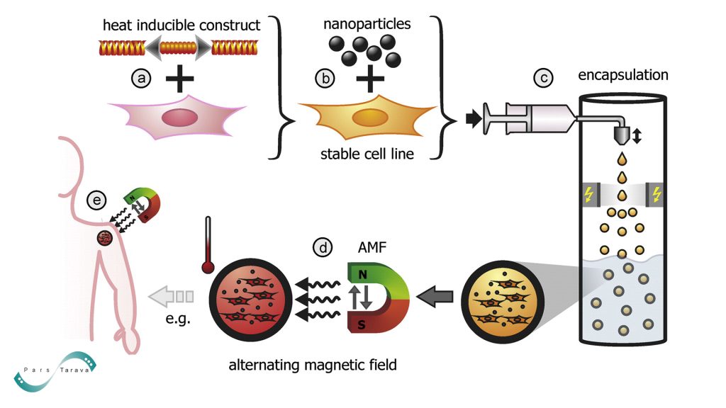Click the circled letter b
click(324, 79)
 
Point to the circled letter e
click(96, 200)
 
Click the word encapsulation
click(623, 75)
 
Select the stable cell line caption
click(369, 154)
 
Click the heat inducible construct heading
click(181, 25)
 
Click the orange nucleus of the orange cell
click(366, 117)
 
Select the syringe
click(528, 117)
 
